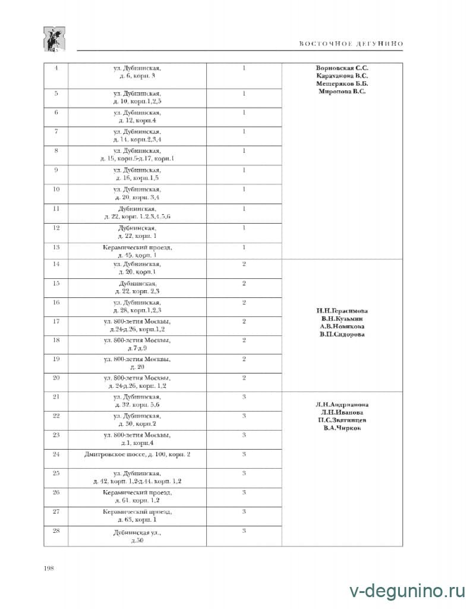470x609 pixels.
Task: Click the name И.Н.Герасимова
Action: click(342, 310)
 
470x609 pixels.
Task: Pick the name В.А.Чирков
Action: click(342, 428)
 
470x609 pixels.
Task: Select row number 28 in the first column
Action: click(56, 530)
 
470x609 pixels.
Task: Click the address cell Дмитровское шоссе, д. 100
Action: click(137, 454)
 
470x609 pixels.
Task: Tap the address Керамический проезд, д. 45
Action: click(137, 250)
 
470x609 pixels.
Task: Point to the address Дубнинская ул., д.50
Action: click(137, 535)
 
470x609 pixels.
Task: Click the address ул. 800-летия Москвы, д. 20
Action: click(137, 363)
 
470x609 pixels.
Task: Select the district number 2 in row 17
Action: click(244, 321)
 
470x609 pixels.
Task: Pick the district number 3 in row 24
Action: click(244, 454)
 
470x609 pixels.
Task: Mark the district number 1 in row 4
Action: click(244, 68)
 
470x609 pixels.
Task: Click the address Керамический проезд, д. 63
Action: click(137, 516)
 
